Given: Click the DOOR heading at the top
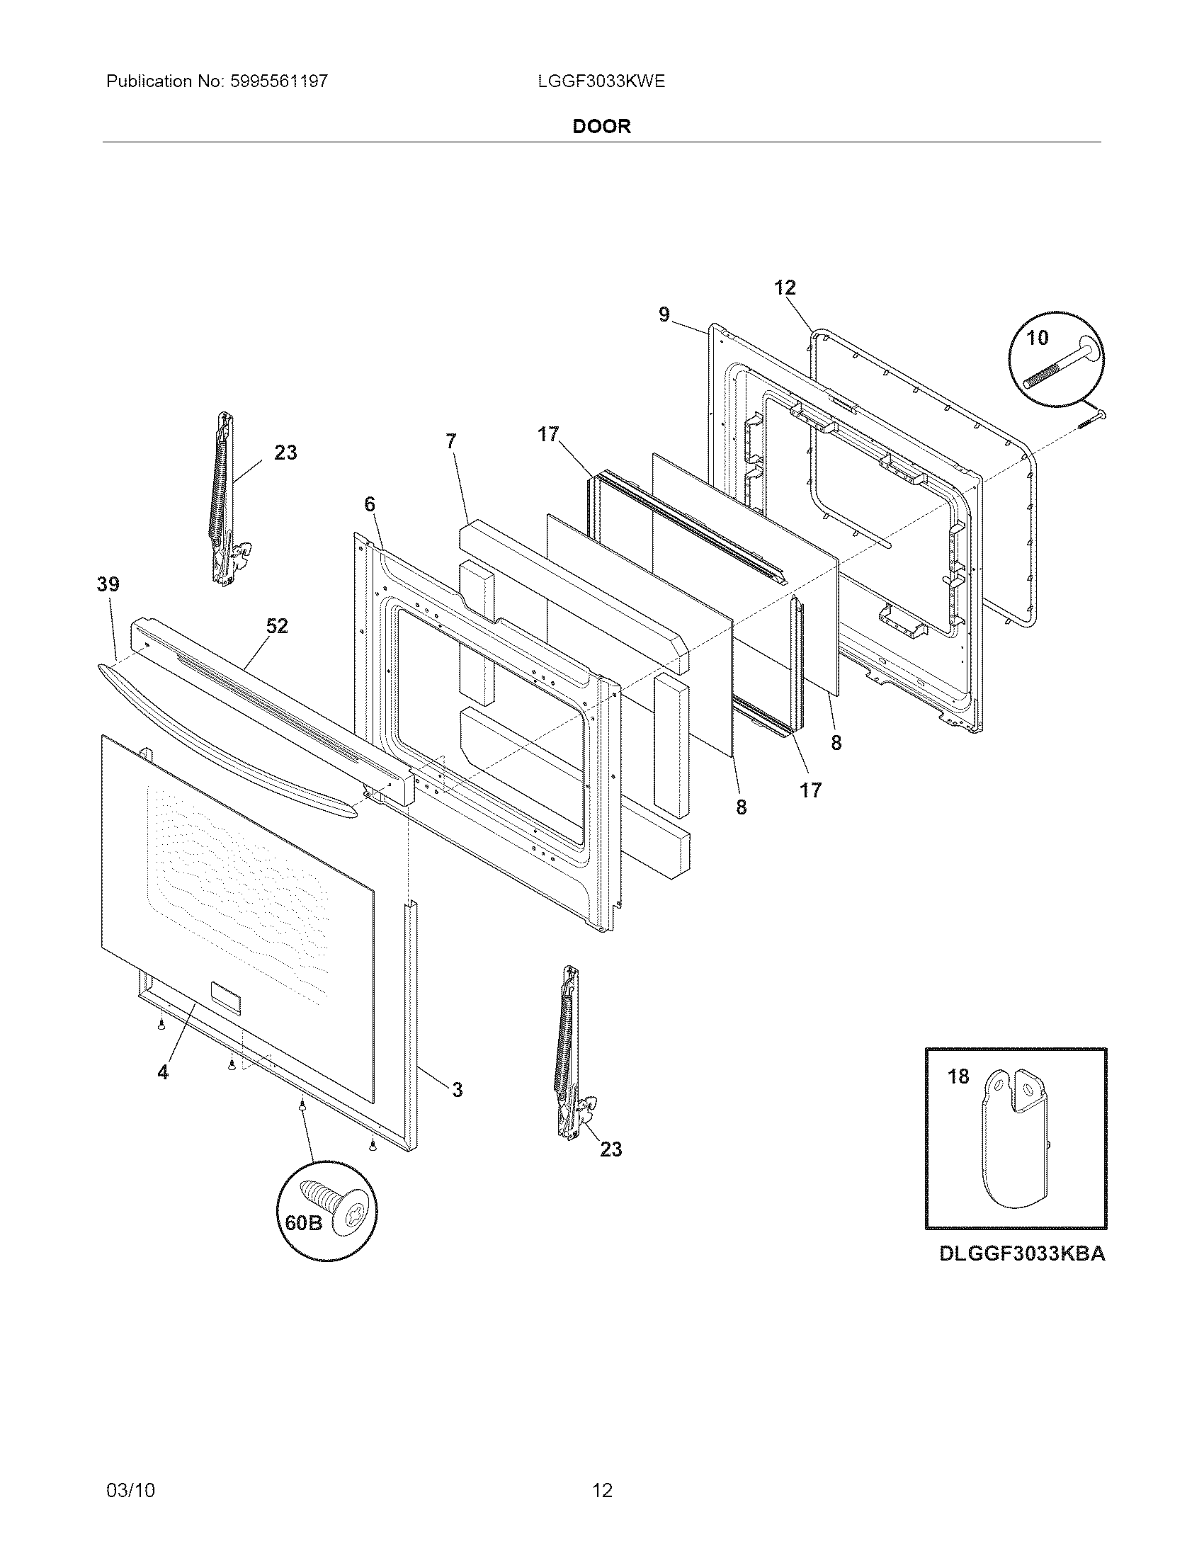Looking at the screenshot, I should (601, 127).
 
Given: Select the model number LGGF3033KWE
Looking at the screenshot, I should (601, 81).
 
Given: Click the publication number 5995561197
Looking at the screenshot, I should (279, 81).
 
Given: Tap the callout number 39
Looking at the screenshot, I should (108, 584).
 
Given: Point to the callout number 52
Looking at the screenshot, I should (277, 626).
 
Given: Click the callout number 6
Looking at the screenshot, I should (369, 505).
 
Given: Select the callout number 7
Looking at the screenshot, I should (450, 442).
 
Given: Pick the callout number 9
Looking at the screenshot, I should (664, 314).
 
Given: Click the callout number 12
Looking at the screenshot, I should (785, 288).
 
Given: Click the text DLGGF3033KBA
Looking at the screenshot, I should (1022, 1253).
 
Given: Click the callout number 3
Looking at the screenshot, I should (458, 1089).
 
